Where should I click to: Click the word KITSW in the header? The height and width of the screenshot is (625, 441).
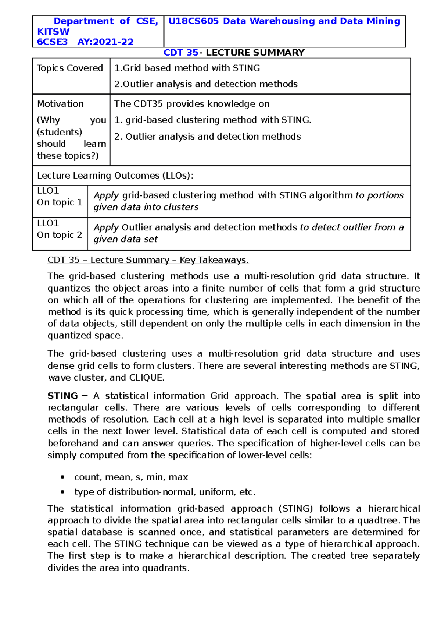(53, 32)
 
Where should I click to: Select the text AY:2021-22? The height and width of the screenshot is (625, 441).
(105, 42)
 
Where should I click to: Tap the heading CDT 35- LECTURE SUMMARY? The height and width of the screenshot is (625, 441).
(234, 53)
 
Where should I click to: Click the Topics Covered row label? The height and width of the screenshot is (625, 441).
(70, 68)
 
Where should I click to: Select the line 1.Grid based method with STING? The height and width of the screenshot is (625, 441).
(187, 68)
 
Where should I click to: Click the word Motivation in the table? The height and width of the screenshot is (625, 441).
(60, 104)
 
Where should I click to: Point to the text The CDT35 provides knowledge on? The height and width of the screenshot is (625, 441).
(191, 104)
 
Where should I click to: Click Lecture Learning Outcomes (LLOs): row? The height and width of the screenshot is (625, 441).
(115, 176)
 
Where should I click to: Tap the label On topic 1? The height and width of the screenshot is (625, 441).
(60, 202)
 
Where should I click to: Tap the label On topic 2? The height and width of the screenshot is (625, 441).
(60, 235)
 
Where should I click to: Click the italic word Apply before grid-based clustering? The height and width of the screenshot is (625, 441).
(106, 195)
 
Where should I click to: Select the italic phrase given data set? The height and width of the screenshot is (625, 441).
(125, 239)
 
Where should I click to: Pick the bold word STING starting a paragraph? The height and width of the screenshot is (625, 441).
(62, 396)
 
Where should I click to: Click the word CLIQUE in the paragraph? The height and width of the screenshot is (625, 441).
(145, 378)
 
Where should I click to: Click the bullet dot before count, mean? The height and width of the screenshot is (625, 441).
(63, 477)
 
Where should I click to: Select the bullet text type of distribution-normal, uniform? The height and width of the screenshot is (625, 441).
(165, 492)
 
